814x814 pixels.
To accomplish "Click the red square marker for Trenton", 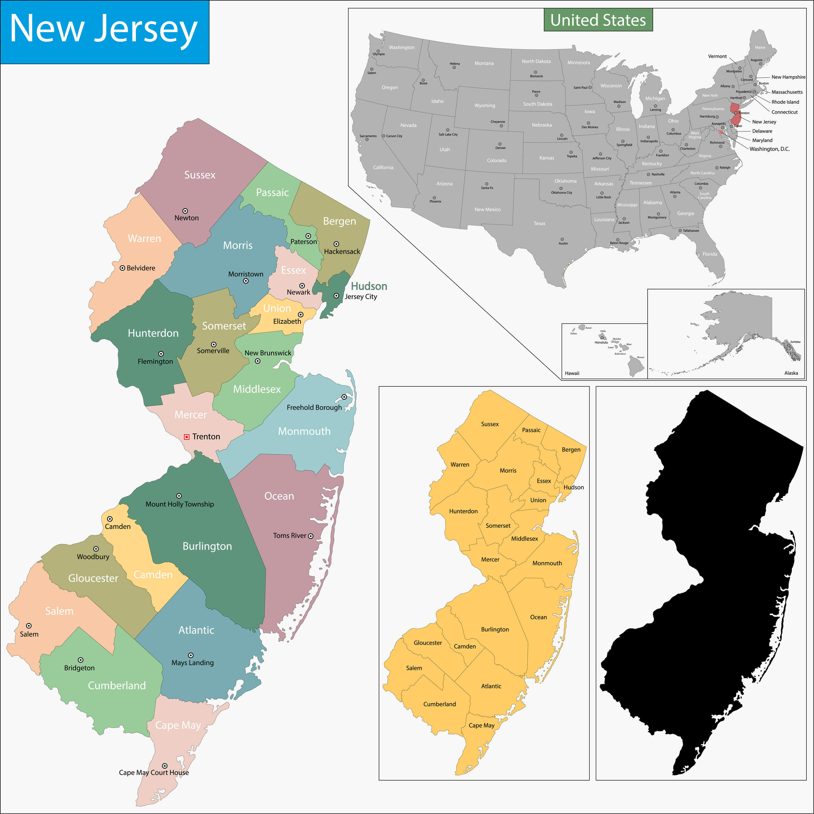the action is tap(187, 437).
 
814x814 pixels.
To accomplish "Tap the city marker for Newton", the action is tap(185, 211).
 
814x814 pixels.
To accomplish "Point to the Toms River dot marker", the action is tap(310, 536).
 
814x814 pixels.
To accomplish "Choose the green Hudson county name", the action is tap(369, 286).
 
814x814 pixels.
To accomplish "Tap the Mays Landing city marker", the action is tap(191, 655).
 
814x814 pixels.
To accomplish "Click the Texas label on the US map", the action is tap(539, 223).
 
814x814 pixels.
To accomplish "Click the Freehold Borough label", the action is tap(314, 408).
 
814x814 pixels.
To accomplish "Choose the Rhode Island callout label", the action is tap(785, 102).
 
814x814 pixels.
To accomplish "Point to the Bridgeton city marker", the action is tap(81, 660).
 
